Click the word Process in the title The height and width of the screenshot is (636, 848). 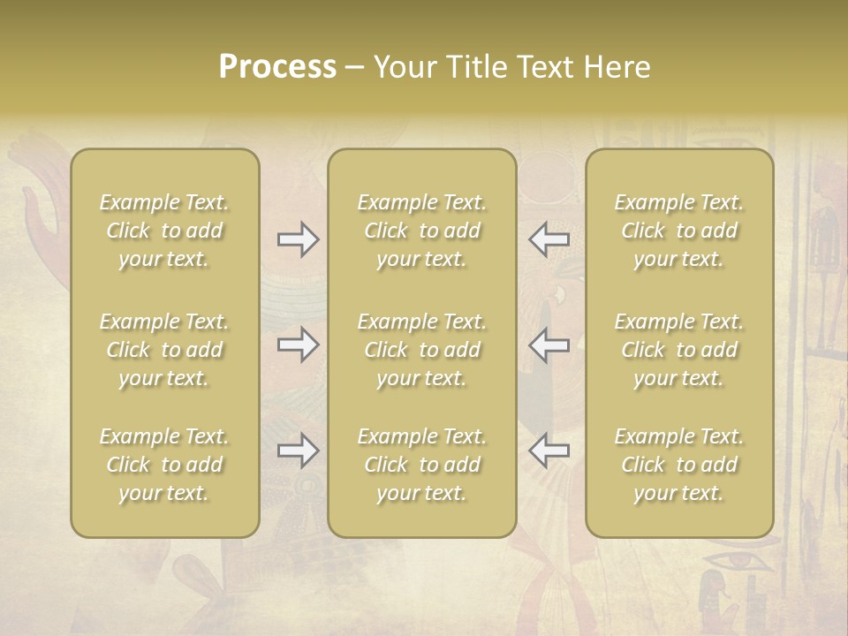277,67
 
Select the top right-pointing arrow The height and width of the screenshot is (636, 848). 298,238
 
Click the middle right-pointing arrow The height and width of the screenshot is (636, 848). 298,344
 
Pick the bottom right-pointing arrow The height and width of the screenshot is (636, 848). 298,451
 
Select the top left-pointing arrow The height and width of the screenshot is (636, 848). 549,238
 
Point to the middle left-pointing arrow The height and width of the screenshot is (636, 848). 549,344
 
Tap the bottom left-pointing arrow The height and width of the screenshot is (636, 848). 549,451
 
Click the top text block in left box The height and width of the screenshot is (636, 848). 164,231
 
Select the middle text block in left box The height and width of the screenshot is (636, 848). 164,350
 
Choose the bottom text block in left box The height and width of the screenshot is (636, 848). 164,465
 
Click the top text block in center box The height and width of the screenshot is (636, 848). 421,231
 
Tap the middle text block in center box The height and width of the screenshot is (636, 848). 421,350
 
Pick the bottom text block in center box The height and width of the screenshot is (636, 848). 421,465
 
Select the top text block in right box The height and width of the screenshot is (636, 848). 678,231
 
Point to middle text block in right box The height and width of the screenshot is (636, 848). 678,350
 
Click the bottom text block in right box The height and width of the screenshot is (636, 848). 678,465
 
